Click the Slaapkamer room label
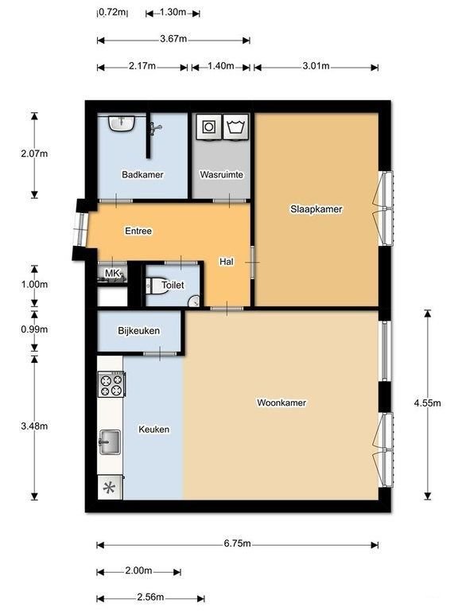316,209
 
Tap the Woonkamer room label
281,403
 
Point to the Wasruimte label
221,174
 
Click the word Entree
138,231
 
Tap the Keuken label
153,429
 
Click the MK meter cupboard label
111,274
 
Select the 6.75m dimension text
237,544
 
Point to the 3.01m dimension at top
315,66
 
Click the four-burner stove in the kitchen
111,385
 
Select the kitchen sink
110,440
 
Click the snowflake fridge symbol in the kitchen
110,488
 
